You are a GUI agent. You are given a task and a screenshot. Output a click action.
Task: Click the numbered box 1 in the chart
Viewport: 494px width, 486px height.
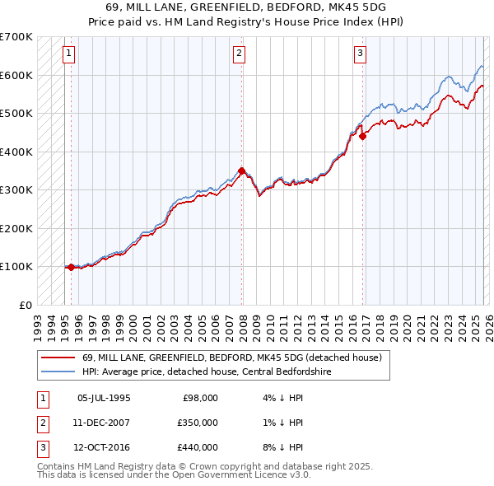coord(68,54)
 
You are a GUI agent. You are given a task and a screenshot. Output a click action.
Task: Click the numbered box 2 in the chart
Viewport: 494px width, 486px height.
coord(239,54)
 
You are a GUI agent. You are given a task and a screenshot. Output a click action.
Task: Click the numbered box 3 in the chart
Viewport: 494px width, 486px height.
coord(361,54)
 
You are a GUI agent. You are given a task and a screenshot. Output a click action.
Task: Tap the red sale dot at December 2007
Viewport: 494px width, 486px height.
coord(241,171)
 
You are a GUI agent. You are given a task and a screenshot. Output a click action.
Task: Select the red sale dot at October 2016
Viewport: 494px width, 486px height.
coord(363,137)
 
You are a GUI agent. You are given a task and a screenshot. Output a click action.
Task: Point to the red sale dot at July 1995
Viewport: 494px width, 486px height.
coord(71,267)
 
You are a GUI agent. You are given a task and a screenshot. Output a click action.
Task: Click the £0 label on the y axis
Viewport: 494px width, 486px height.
coord(26,305)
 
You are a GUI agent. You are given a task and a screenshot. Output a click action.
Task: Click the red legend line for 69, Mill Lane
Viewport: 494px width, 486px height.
coord(58,358)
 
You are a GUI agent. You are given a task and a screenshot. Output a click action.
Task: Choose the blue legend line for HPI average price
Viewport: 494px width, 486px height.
coord(58,372)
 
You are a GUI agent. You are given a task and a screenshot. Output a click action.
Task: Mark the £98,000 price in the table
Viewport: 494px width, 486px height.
coord(200,398)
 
